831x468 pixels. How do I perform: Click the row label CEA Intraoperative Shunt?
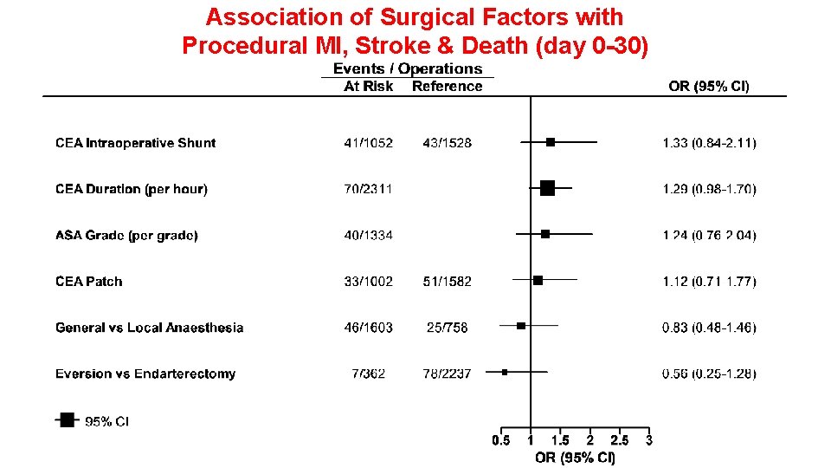pyautogui.click(x=135, y=143)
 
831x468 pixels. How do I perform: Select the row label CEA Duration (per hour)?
pyautogui.click(x=132, y=189)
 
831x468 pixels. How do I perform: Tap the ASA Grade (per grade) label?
pyautogui.click(x=126, y=236)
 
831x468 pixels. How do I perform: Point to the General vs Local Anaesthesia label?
pyautogui.click(x=149, y=328)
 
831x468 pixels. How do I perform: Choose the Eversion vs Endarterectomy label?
pyautogui.click(x=145, y=374)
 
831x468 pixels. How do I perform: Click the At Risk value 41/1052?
pyautogui.click(x=368, y=143)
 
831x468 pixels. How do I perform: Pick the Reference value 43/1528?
pyautogui.click(x=448, y=143)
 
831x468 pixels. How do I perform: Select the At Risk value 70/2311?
pyautogui.click(x=368, y=189)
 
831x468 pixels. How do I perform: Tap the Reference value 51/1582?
pyautogui.click(x=448, y=282)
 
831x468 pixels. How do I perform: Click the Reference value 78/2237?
pyautogui.click(x=448, y=374)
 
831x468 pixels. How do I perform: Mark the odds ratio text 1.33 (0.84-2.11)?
pyautogui.click(x=709, y=143)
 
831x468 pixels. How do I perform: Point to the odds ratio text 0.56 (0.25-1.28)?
pyautogui.click(x=709, y=374)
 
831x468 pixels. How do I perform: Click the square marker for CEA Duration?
pyautogui.click(x=547, y=187)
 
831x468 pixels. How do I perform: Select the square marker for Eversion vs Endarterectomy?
pyautogui.click(x=505, y=372)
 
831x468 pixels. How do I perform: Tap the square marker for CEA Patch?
pyautogui.click(x=538, y=280)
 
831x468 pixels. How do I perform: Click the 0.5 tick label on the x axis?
pyautogui.click(x=501, y=440)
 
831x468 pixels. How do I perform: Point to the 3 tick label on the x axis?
pyautogui.click(x=648, y=440)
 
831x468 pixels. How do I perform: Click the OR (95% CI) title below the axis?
pyautogui.click(x=575, y=458)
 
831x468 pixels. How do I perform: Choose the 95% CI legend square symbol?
pyautogui.click(x=67, y=419)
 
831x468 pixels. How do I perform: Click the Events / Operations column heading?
pyautogui.click(x=408, y=68)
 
